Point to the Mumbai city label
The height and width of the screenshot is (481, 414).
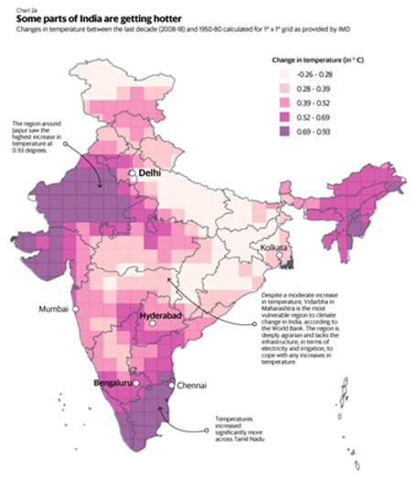(52, 309)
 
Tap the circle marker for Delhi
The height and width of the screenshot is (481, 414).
(133, 172)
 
